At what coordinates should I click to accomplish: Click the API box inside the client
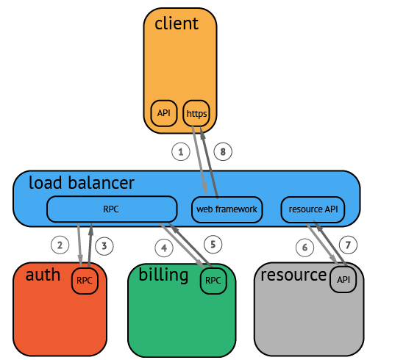tap(164, 113)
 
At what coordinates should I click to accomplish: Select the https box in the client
tap(196, 113)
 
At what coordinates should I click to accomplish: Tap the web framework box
tap(227, 209)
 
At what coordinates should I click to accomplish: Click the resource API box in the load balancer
tap(313, 209)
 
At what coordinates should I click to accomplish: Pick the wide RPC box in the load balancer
tap(112, 209)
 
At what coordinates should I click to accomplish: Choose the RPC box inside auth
tap(85, 281)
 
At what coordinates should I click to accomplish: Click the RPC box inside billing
tap(213, 281)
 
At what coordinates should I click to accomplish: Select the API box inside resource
tap(343, 280)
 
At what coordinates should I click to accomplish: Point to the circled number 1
tap(181, 151)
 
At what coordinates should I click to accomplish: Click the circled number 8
tap(223, 151)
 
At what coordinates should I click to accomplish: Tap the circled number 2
tap(60, 245)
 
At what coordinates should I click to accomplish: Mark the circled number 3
tap(104, 245)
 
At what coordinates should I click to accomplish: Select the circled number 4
tap(164, 248)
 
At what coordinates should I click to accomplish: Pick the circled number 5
tap(213, 245)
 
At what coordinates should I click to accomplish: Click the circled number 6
tap(304, 248)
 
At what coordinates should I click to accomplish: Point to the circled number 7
tap(348, 245)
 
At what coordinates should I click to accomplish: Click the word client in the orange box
tap(177, 24)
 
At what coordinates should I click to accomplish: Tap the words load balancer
tap(82, 182)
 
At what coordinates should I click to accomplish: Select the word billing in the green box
tap(163, 276)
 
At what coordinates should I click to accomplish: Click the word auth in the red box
tap(43, 275)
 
